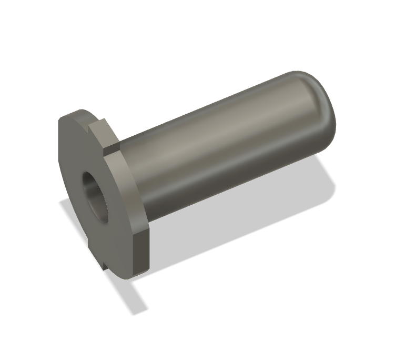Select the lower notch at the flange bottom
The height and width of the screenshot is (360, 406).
[104, 263]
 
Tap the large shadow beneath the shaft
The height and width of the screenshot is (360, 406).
[237, 221]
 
